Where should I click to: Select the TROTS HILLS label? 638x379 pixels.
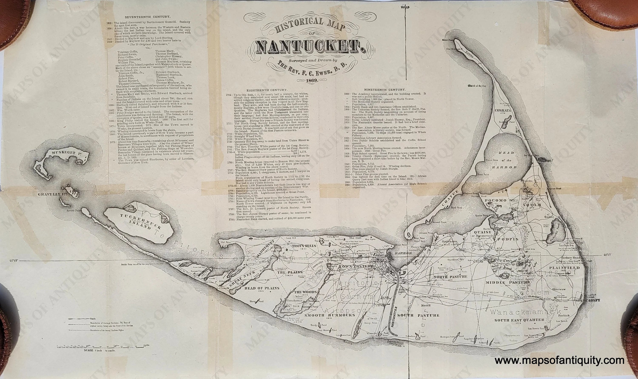click(304, 246)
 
